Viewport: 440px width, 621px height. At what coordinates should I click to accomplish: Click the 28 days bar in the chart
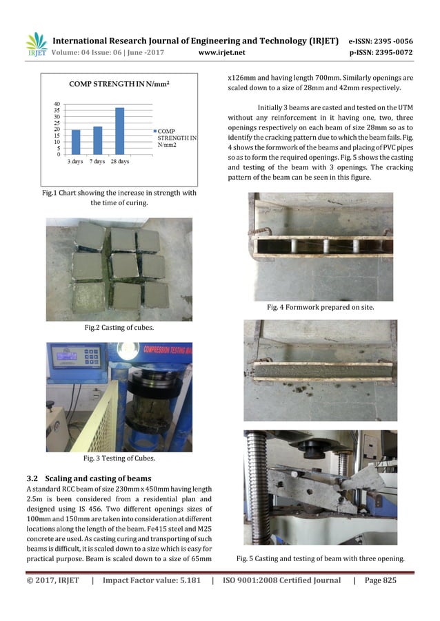[x=120, y=131]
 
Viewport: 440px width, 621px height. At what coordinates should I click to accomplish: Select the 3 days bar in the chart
[x=76, y=142]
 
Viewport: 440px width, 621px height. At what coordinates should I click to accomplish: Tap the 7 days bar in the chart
[x=97, y=140]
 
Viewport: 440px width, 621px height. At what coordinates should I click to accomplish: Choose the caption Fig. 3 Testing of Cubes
[x=119, y=458]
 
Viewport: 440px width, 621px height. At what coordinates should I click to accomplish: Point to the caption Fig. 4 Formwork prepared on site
[x=320, y=307]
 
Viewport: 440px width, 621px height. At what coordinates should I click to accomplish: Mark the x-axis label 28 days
[x=120, y=162]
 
